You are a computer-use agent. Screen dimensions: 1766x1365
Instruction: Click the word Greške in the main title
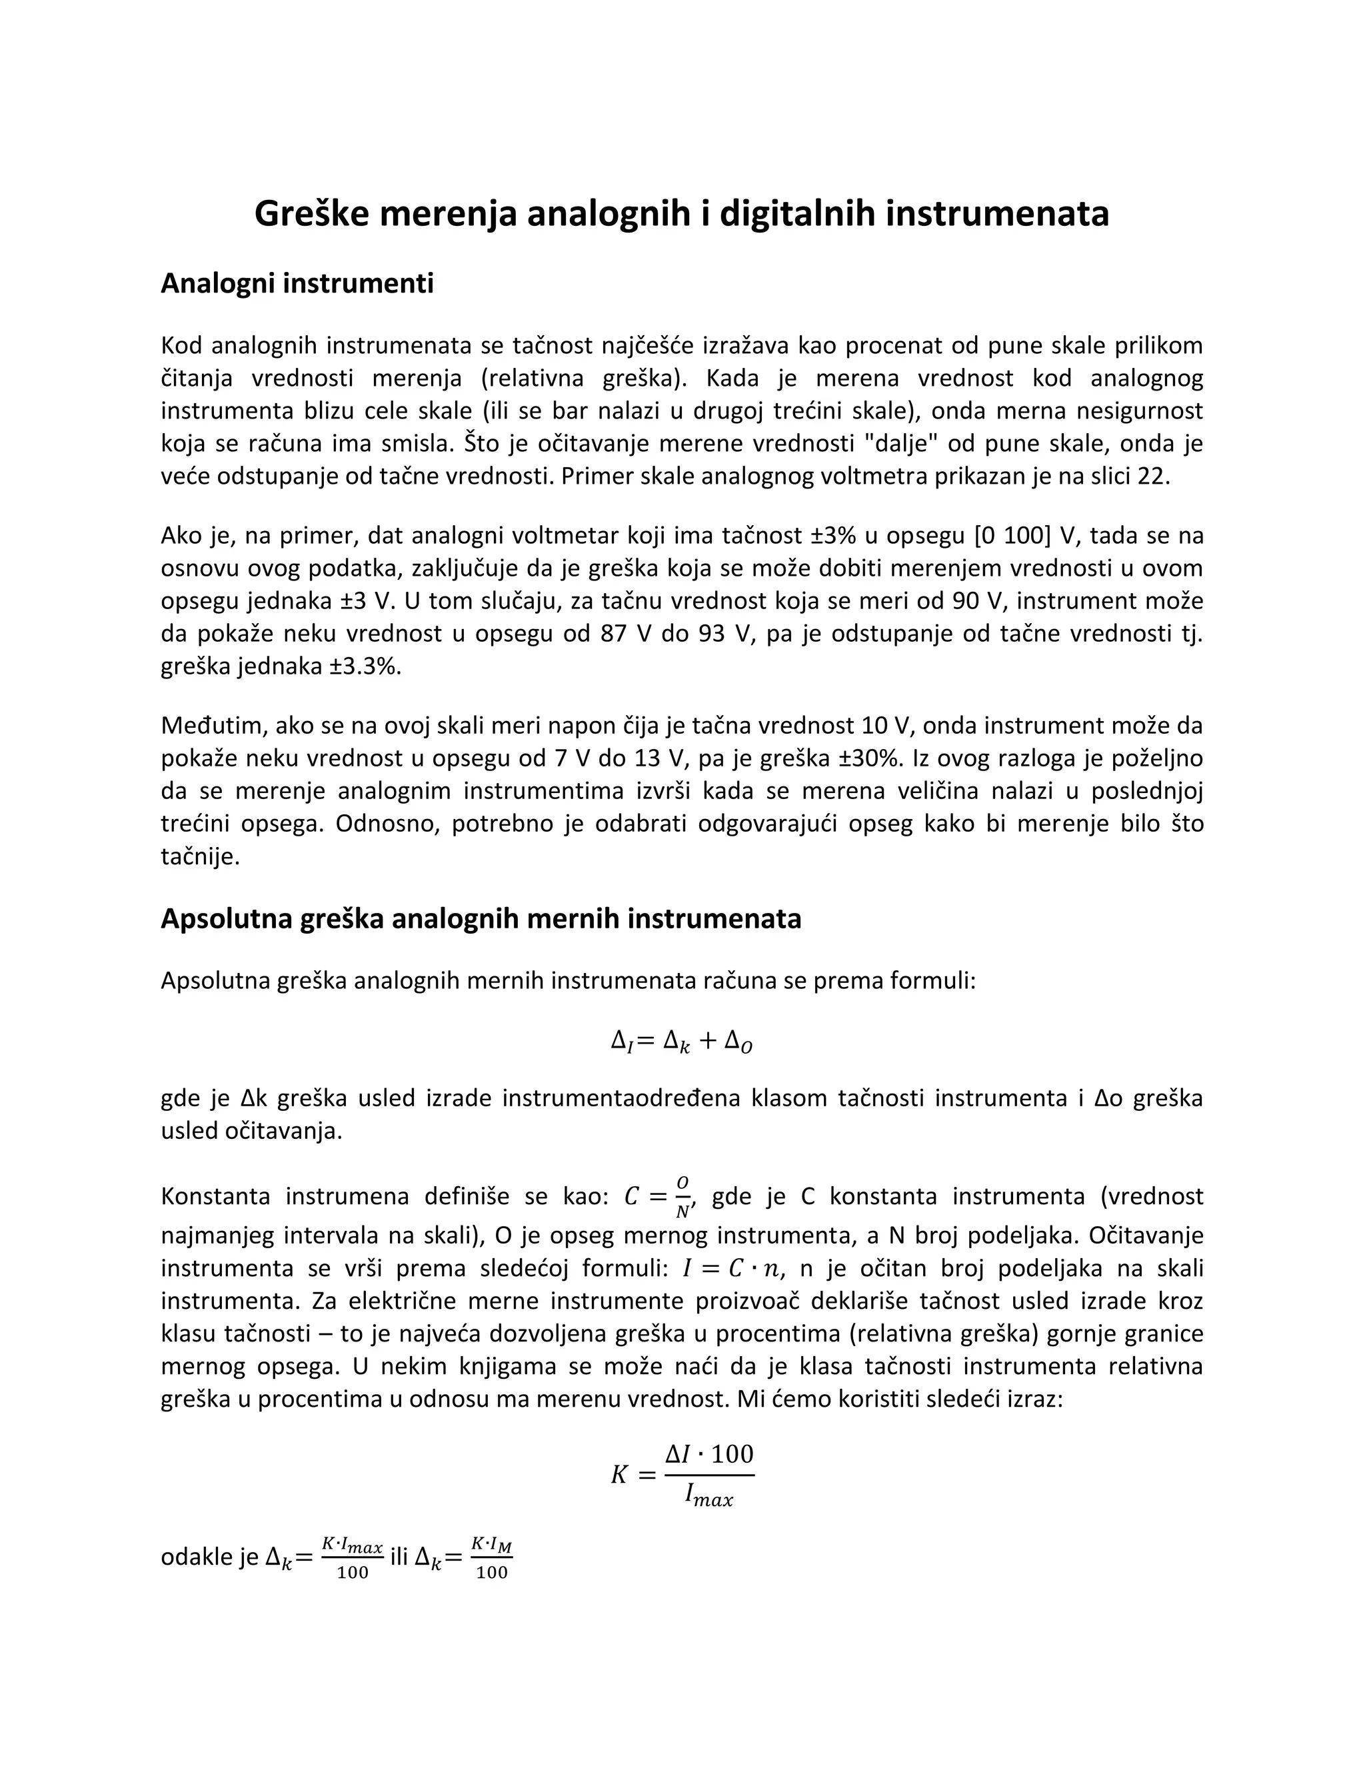pyautogui.click(x=307, y=213)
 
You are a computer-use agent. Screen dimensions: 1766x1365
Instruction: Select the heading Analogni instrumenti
pyautogui.click(x=297, y=283)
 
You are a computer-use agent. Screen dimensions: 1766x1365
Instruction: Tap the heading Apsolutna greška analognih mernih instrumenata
pyautogui.click(x=481, y=918)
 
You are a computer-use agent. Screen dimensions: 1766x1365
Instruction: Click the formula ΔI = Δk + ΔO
pyautogui.click(x=682, y=1041)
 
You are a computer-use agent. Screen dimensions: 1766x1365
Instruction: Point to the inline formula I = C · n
pyautogui.click(x=732, y=1270)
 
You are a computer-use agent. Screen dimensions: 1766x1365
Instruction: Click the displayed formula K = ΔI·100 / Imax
pyautogui.click(x=682, y=1475)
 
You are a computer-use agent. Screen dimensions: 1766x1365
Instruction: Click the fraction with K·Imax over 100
pyautogui.click(x=352, y=1558)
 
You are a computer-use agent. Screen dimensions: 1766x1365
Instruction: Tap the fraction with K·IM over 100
pyautogui.click(x=492, y=1558)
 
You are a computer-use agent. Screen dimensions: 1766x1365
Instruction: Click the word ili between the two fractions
pyautogui.click(x=399, y=1557)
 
